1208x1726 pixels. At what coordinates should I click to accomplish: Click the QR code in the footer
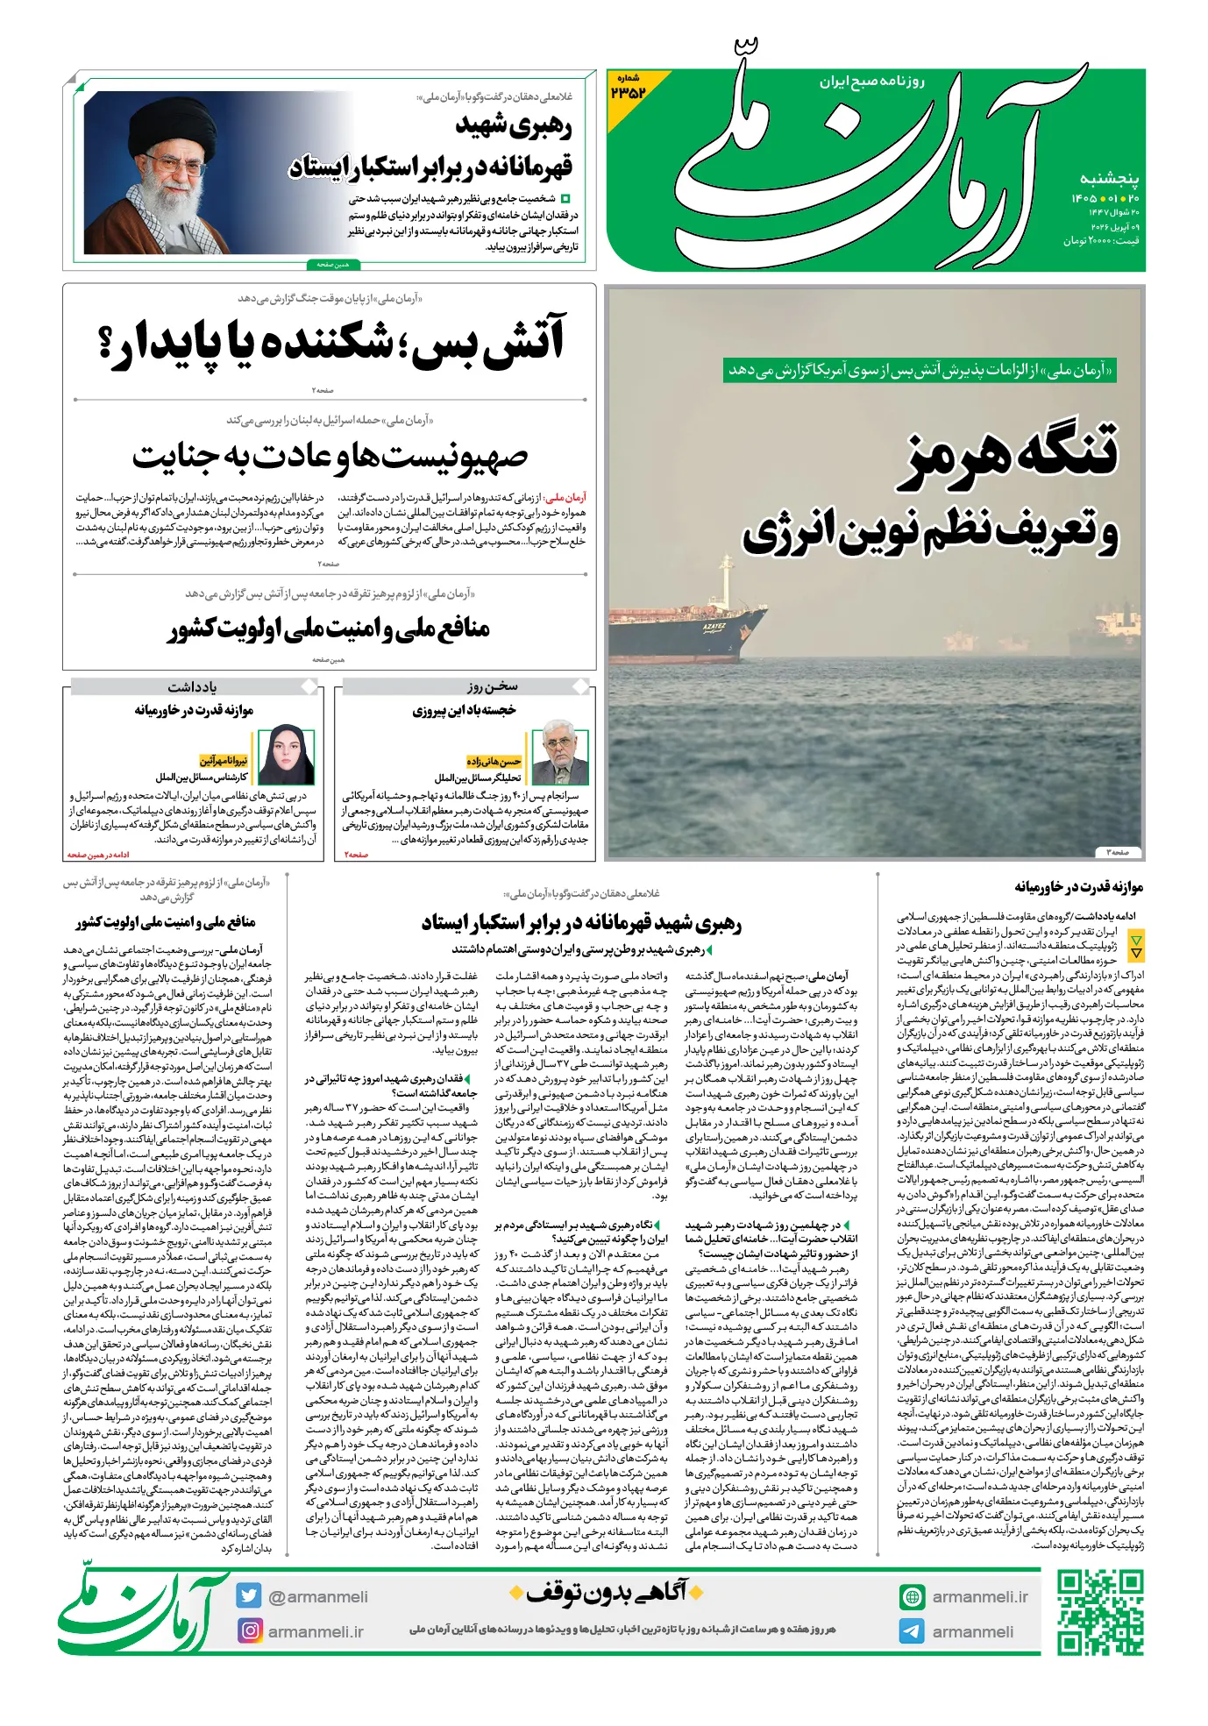point(1100,1612)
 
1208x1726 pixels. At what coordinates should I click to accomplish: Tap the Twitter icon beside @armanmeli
point(249,1596)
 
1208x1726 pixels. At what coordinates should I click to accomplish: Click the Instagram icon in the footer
point(250,1630)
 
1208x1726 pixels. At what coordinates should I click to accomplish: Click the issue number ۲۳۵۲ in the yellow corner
point(628,90)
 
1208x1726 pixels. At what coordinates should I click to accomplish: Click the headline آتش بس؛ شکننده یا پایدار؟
point(331,344)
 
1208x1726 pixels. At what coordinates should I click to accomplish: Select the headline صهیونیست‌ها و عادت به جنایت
point(330,457)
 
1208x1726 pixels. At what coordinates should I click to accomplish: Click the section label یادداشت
point(192,686)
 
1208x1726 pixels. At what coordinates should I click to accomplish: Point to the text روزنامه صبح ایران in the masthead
point(872,82)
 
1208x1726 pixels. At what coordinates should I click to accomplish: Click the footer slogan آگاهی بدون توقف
point(607,1591)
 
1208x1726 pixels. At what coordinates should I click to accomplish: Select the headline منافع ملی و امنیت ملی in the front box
point(329,629)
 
